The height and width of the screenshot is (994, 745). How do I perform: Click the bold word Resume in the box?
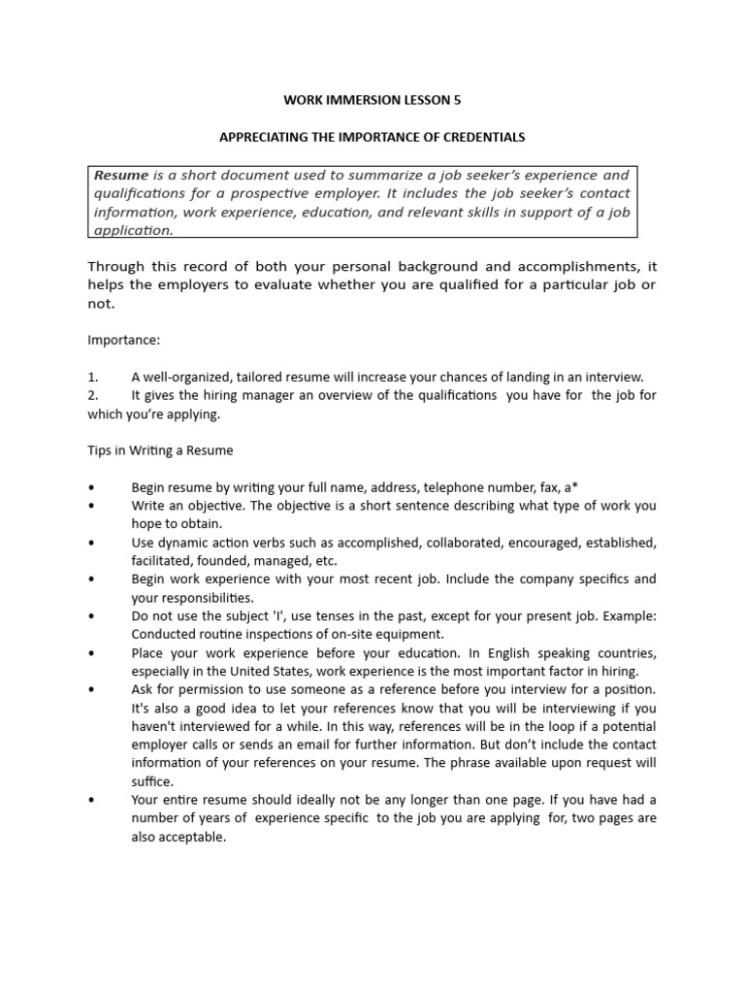coord(121,176)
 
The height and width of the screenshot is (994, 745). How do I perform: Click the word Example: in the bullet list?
coord(628,615)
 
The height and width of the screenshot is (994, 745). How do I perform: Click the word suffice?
coord(152,781)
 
